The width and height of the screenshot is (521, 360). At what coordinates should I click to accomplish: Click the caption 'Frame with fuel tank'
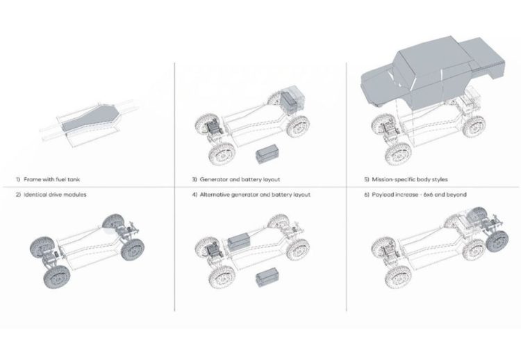pos(52,179)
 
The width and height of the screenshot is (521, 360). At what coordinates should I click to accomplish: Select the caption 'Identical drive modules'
pos(55,195)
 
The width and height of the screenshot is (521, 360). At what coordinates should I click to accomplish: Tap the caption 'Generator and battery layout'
pos(240,179)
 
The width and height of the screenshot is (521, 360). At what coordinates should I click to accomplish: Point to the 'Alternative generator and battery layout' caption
pos(255,195)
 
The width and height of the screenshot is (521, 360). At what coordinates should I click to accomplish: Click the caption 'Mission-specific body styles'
pos(410,179)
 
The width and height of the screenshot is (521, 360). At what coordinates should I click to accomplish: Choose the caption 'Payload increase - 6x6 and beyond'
pos(419,195)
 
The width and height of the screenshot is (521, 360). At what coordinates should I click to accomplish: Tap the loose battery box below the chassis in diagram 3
pos(267,154)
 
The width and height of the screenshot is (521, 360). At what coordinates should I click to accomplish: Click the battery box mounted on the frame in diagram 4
pos(239,242)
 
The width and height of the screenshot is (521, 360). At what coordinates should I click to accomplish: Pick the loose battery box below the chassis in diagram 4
pos(267,277)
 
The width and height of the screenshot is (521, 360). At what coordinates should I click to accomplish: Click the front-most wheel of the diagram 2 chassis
pos(57,277)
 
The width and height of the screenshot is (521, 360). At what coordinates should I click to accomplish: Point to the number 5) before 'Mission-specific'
pos(367,179)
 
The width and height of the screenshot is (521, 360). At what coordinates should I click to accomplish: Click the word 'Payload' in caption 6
pos(382,195)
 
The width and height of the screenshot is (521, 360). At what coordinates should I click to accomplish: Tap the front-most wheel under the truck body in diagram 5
pos(398,154)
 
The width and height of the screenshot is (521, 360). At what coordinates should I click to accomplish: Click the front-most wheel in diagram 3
pos(222,154)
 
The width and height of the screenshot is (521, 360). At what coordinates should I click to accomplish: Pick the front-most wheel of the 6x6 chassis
pos(398,277)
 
